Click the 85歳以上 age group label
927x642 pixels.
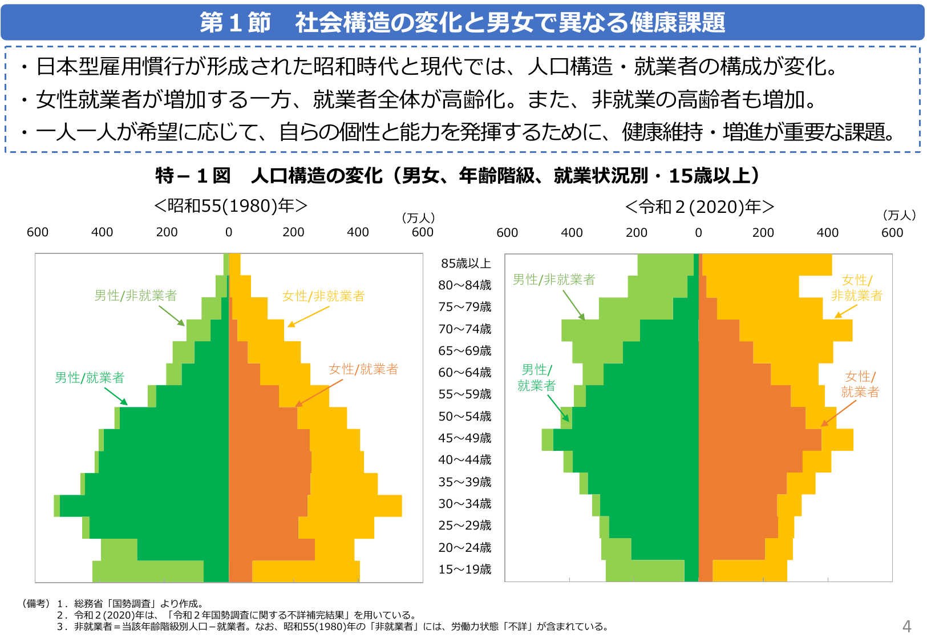click(465, 263)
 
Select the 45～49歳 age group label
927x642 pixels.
click(464, 438)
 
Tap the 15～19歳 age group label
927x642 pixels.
click(464, 569)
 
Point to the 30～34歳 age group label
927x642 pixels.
click(464, 503)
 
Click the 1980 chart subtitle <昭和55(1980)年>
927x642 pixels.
click(230, 205)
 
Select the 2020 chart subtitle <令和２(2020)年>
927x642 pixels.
click(699, 207)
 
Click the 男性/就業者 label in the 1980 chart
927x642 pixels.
click(90, 377)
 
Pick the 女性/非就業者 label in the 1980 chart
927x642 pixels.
click(323, 296)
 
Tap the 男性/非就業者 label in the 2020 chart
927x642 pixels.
click(553, 279)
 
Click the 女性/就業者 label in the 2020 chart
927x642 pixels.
click(860, 384)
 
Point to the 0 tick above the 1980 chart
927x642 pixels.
click(229, 232)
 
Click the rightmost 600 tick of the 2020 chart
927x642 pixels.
click(892, 232)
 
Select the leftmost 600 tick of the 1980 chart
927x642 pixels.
click(38, 232)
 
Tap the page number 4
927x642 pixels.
click(906, 627)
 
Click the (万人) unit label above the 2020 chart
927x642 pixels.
click(899, 215)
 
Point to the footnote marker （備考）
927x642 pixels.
click(35, 603)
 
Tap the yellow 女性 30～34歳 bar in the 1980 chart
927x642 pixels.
click(354, 506)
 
